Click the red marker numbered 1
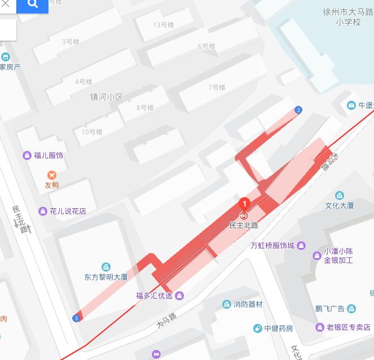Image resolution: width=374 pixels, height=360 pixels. (244, 203)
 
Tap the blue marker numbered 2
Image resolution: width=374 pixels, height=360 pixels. (298, 109)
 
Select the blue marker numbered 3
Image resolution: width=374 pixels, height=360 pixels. (76, 318)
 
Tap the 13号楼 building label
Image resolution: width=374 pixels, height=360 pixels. (163, 25)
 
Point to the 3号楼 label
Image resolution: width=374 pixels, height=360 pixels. (70, 42)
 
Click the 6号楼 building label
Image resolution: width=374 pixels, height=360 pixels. (206, 46)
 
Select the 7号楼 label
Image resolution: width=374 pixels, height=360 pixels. (216, 87)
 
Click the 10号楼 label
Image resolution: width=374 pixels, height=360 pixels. (91, 132)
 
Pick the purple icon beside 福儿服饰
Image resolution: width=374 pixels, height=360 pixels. (27, 155)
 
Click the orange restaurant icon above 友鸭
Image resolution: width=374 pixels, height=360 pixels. (52, 175)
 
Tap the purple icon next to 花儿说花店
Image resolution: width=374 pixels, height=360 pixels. (42, 211)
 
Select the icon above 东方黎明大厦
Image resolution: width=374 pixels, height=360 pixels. (105, 267)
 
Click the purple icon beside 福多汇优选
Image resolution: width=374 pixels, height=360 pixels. (179, 295)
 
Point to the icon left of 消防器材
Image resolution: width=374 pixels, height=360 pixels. (226, 304)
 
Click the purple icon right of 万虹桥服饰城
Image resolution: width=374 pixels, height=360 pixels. (301, 246)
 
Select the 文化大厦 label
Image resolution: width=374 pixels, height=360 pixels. (340, 206)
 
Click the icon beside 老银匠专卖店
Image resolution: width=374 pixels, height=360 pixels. (320, 327)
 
